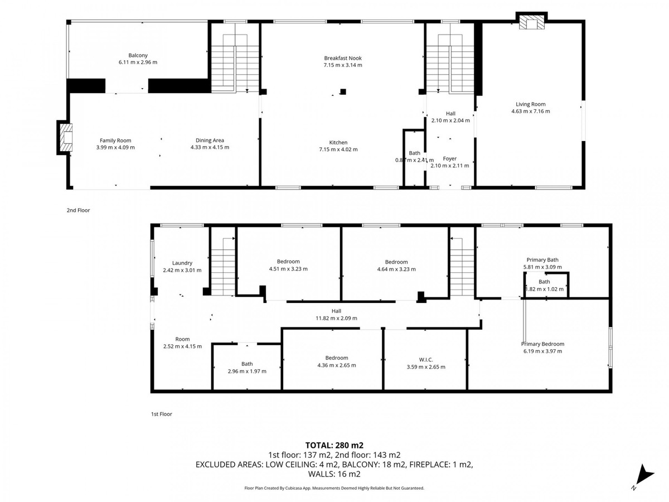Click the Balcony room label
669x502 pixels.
(138, 55)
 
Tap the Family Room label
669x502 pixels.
(115, 141)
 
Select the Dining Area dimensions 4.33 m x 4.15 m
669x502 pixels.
(210, 148)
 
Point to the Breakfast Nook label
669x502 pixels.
(343, 58)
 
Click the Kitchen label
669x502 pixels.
(338, 143)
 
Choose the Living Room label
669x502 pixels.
(530, 104)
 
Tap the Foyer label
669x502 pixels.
(449, 158)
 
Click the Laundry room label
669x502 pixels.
(182, 263)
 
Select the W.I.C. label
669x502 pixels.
(425, 359)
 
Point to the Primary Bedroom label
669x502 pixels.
(542, 344)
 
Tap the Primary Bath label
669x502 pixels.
(542, 259)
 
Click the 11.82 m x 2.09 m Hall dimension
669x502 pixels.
(336, 318)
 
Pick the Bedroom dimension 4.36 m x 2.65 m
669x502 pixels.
(336, 365)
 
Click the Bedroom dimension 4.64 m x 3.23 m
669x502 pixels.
(396, 269)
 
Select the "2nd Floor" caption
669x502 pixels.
(78, 211)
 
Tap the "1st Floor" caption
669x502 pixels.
(162, 414)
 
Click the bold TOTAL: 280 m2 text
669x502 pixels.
(334, 445)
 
